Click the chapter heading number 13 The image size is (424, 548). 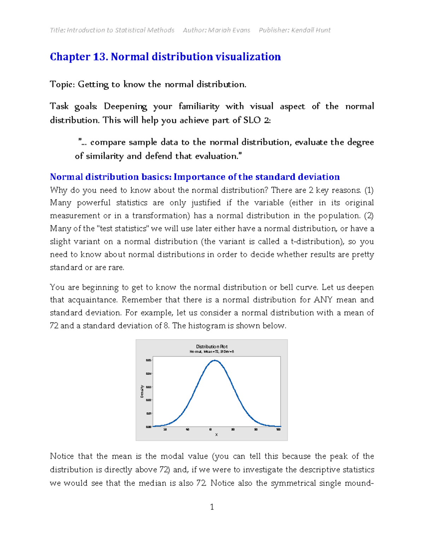(x=100, y=56)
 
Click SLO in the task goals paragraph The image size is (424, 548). (x=252, y=120)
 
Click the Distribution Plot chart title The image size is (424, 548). (x=212, y=347)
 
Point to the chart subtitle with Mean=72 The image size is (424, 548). (x=212, y=352)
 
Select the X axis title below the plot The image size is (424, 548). (x=216, y=435)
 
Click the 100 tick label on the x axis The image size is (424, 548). (x=278, y=429)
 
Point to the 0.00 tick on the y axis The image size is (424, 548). (x=148, y=427)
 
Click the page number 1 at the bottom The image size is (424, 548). (x=212, y=507)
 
